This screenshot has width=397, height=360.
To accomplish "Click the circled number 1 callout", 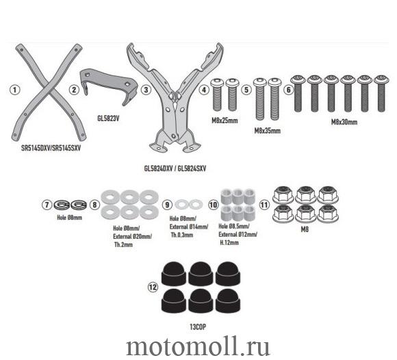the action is coord(14,90).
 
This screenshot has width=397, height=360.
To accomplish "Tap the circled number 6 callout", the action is coord(288,90).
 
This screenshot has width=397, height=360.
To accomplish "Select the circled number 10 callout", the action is coord(213,205).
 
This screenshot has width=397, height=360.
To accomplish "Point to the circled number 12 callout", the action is coord(153,287).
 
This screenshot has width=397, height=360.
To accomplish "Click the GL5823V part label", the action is coord(108,118).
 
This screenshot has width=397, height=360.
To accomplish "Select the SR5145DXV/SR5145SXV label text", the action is coord(51,148).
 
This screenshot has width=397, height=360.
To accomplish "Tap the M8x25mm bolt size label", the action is coord(225,120).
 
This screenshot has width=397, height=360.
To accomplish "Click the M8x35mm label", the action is coord(268,131).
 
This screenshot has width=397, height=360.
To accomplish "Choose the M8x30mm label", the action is coord(344,122).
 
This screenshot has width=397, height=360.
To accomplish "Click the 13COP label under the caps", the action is coord(198,327).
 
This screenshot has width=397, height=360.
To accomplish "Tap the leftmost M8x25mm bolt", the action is coord(217,94).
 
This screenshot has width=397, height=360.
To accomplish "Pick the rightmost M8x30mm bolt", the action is coord(381,93).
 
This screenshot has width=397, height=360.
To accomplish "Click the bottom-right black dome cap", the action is coord(228,300).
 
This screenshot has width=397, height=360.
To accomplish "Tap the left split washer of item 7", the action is coord(62,205).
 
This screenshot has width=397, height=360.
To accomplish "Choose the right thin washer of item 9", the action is coord(196,205).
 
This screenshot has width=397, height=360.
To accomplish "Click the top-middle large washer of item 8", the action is coord(129,197).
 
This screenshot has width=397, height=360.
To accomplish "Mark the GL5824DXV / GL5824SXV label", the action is coord(175,168).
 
